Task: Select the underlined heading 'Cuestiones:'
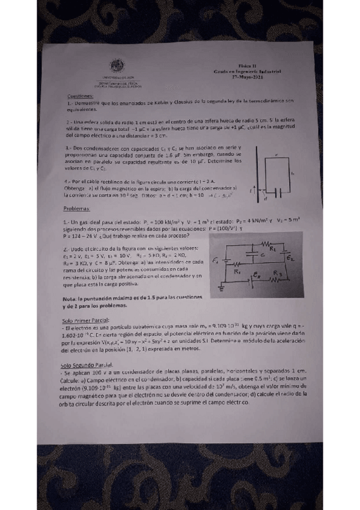[x=80, y=96]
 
